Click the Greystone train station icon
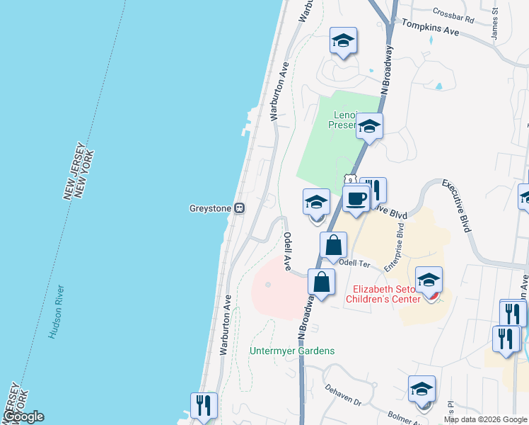(x=240, y=208)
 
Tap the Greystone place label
(x=211, y=208)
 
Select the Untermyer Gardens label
(x=292, y=351)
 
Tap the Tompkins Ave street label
(x=431, y=28)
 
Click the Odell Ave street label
(x=288, y=251)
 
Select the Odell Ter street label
(x=355, y=262)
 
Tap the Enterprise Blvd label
(x=395, y=246)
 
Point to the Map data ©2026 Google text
(x=486, y=419)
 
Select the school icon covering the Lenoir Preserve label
(x=369, y=127)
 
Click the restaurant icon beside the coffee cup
(x=373, y=190)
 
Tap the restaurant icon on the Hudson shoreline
(x=203, y=405)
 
